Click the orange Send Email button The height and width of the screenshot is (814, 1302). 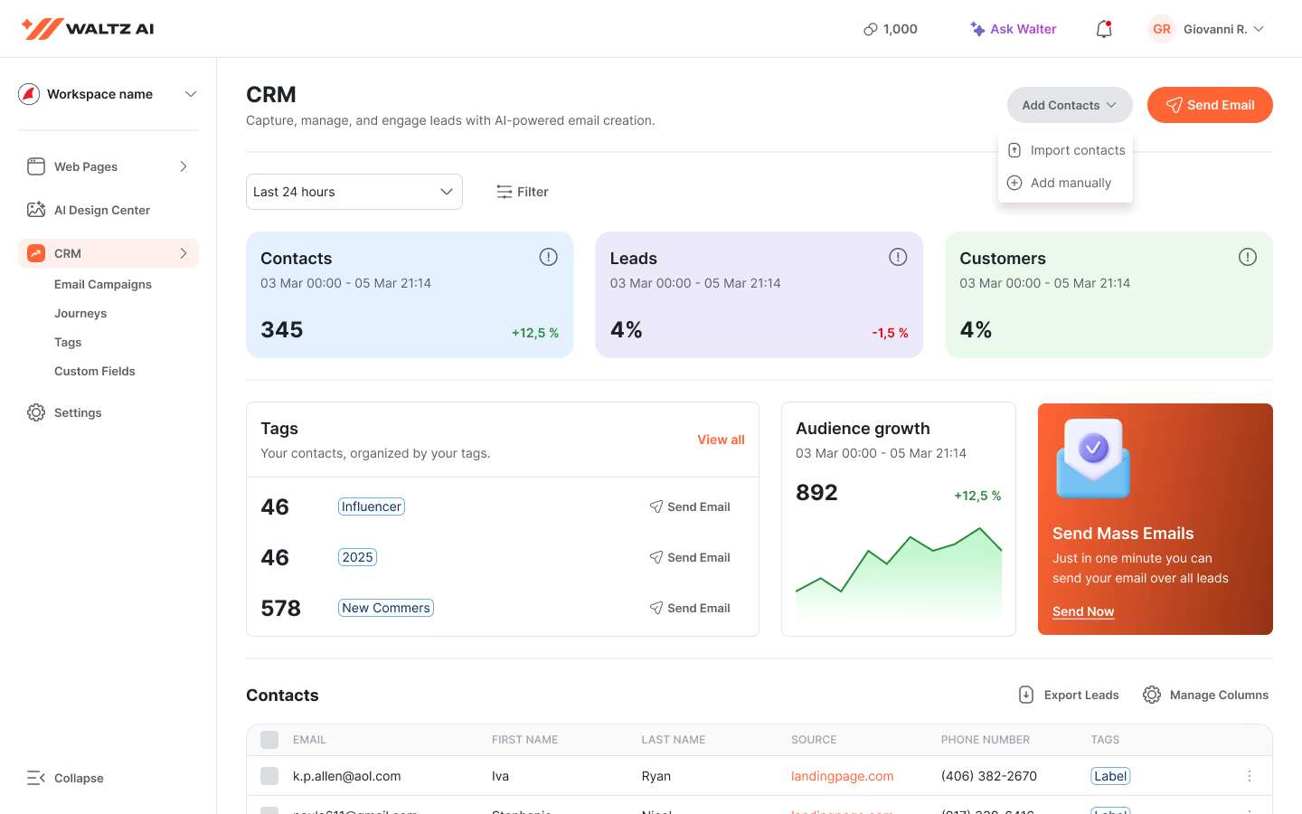coord(1209,105)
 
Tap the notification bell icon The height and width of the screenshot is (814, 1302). coord(1104,29)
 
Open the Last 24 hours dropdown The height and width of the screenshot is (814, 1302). coord(354,192)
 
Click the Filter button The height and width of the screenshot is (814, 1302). coord(523,192)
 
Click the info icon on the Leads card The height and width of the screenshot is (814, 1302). coord(897,257)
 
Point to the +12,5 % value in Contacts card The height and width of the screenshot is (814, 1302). coord(534,333)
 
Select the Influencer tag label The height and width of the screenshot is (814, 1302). coord(371,506)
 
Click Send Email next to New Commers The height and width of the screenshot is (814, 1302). coord(690,608)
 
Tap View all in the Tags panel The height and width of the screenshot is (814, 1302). coord(721,440)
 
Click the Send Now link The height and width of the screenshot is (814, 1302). coord(1082,611)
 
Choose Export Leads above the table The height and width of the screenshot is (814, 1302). coord(1069,695)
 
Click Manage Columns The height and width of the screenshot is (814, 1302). coord(1205,695)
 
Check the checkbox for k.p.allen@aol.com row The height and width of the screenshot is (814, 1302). coord(269,776)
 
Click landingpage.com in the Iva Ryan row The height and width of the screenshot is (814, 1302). coord(842,776)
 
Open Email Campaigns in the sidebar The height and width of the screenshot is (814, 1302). coord(103,284)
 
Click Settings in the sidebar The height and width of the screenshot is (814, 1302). coord(78,412)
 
